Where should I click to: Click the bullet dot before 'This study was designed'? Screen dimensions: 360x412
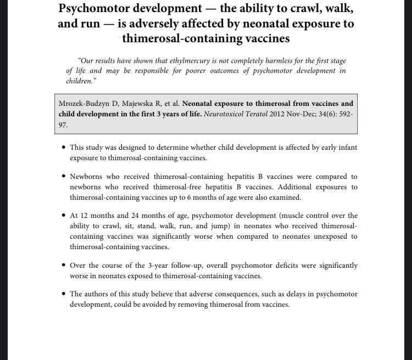[x=64, y=148]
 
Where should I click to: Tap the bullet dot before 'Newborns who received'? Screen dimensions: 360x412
[x=64, y=177]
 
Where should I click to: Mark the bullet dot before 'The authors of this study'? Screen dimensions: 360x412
[x=64, y=294]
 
